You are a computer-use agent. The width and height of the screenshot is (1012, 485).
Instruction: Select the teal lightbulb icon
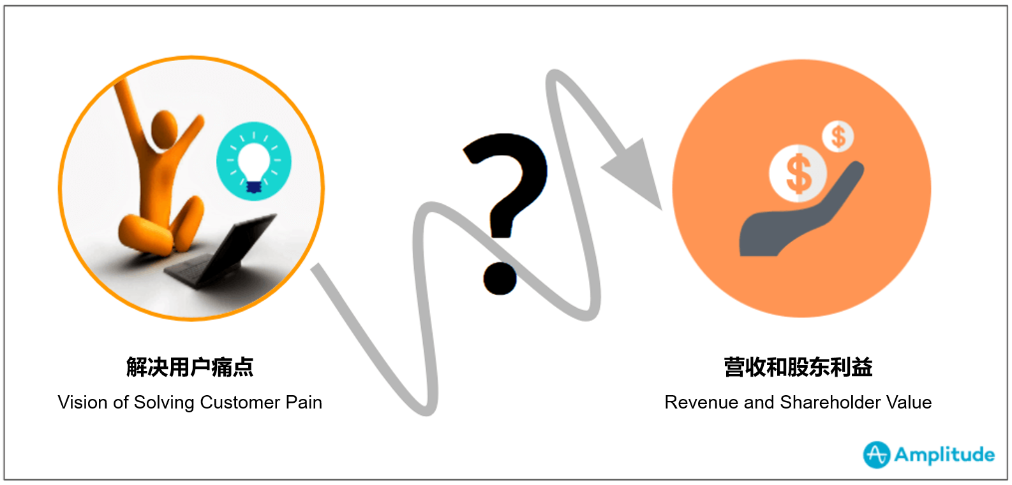pos(254,161)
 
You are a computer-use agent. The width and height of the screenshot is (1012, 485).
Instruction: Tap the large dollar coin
pos(798,173)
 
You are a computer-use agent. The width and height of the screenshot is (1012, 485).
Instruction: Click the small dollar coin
pos(838,136)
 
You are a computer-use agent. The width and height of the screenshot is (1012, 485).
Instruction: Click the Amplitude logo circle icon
pos(877,454)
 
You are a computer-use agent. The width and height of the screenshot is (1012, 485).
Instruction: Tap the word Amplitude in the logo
pos(944,454)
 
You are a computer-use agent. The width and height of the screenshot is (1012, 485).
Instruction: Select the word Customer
pos(240,402)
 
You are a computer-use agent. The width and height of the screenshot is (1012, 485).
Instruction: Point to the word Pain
pos(304,402)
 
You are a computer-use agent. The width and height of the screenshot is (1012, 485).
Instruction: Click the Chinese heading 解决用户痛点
pos(190,367)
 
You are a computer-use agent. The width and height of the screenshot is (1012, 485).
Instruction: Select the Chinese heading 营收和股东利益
pos(798,367)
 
